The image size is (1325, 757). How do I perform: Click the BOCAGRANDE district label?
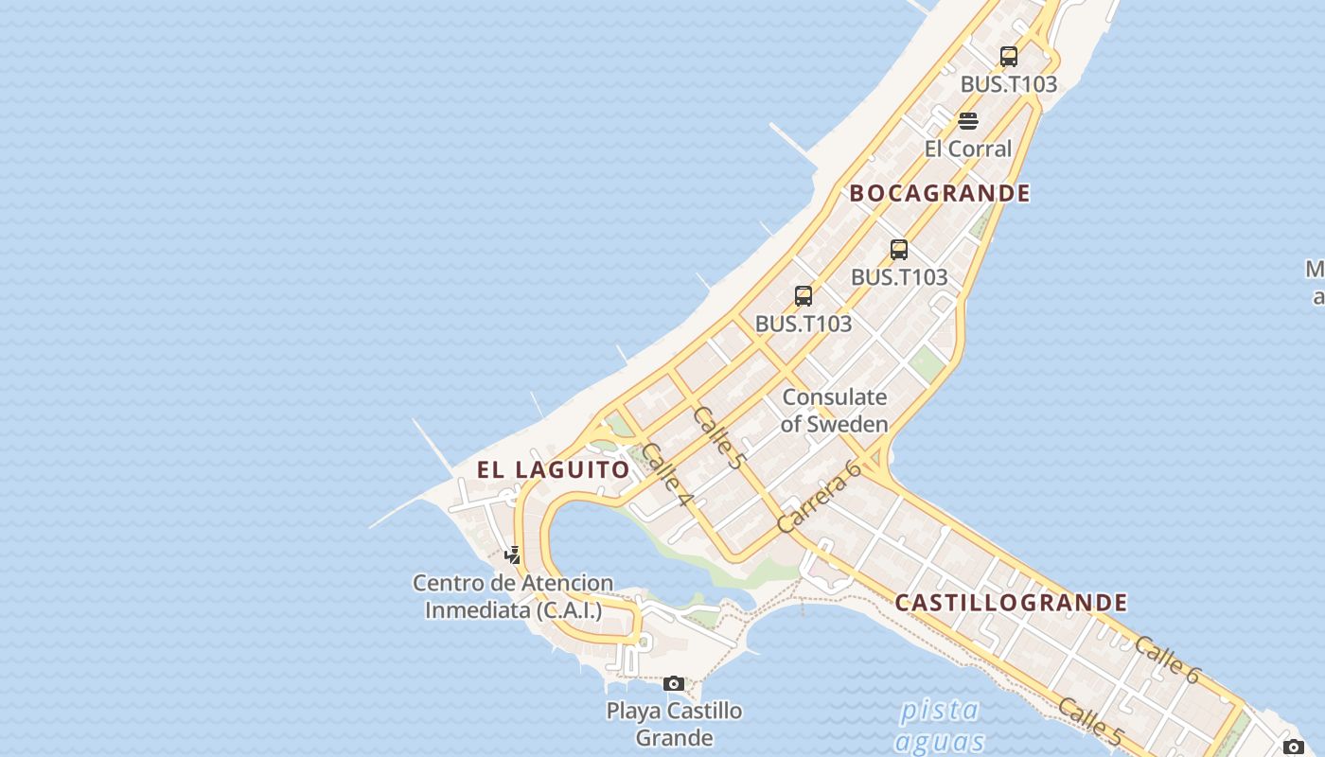939,193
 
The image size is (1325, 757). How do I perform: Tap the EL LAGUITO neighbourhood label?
554,469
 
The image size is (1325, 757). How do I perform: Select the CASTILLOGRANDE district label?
1011,603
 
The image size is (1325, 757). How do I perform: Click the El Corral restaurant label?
968,149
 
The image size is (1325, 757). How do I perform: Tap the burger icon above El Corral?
967,121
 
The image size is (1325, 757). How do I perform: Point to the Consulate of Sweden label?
835,411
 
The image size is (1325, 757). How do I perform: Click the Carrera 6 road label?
819,496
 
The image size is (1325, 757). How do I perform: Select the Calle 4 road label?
667,474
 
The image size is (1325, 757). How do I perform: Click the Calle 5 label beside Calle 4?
718,437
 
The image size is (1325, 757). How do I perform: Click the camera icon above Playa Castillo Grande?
674,683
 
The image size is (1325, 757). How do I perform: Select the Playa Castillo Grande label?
674,724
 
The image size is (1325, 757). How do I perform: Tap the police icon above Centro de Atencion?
512,555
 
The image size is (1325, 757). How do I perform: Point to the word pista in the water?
939,710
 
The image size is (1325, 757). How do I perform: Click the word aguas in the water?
939,741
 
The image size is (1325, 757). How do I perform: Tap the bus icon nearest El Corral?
1009,57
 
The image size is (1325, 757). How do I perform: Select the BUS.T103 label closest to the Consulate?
804,324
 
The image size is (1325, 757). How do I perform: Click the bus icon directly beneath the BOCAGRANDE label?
899,250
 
